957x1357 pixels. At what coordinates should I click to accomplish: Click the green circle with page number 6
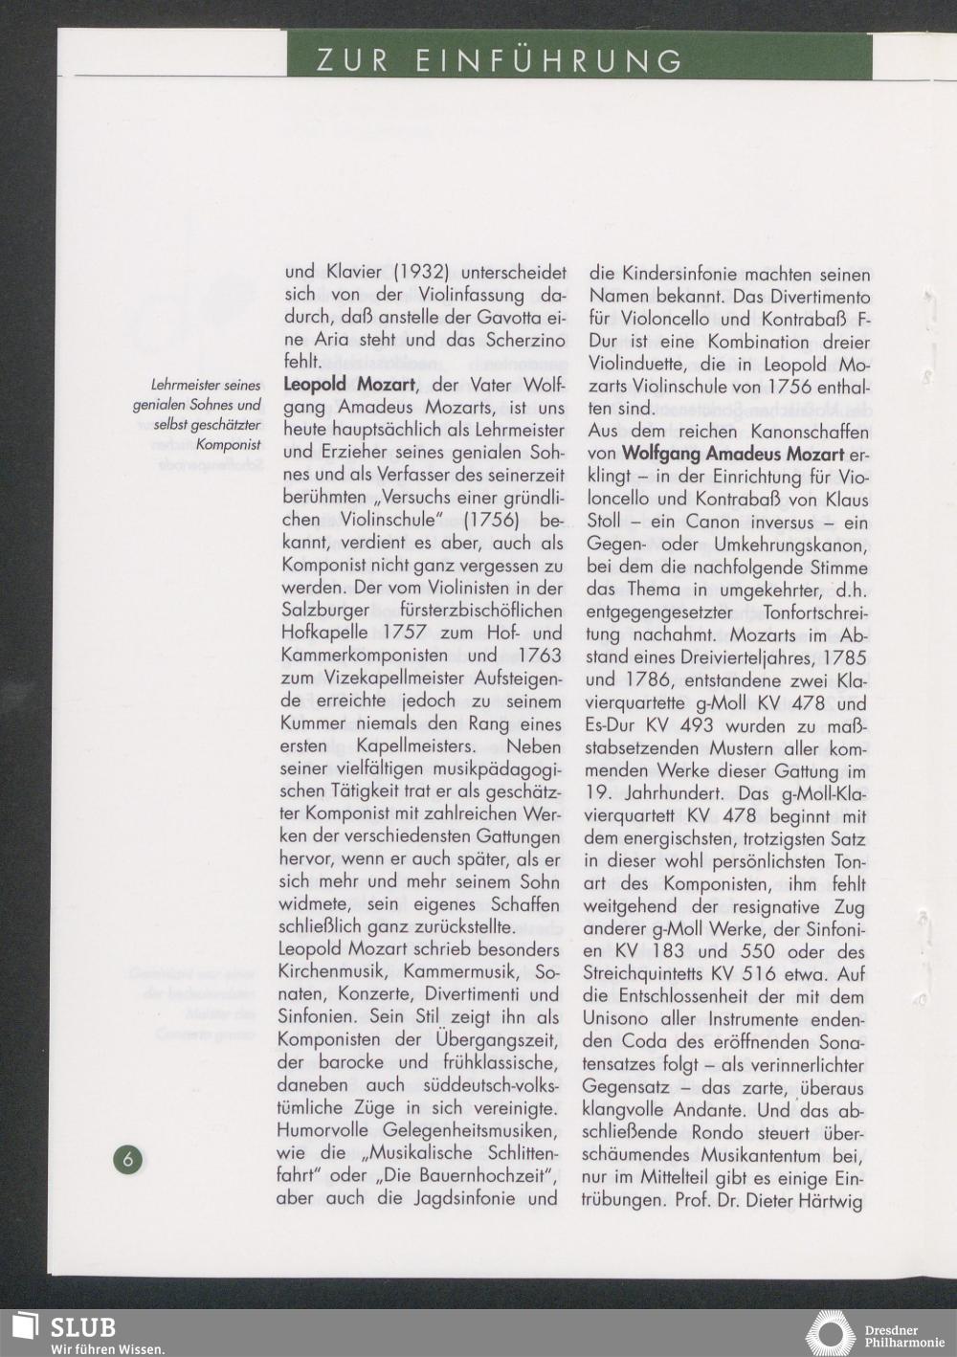click(129, 1160)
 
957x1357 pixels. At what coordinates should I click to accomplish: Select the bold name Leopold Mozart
click(348, 386)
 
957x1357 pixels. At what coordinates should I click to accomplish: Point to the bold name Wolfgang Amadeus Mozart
click(731, 454)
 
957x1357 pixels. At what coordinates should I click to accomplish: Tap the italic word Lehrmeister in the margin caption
click(186, 386)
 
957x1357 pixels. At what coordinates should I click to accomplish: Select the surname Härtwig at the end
click(834, 1200)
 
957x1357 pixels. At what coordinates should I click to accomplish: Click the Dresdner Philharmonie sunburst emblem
click(830, 1333)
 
